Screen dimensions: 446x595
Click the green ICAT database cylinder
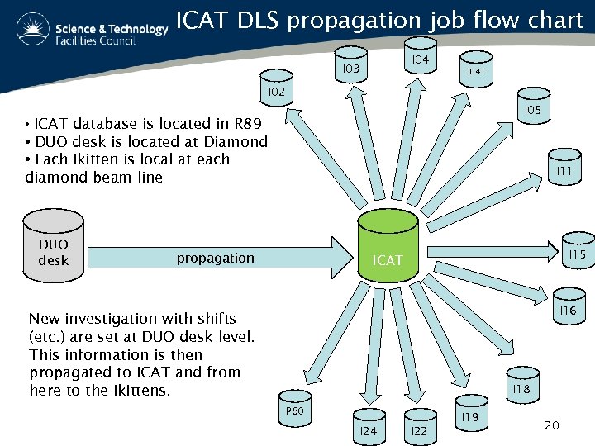click(x=388, y=248)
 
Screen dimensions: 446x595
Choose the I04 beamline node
click(x=420, y=59)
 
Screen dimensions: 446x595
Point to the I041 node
click(x=475, y=71)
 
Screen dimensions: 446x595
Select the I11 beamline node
click(x=564, y=169)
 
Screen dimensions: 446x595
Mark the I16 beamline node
click(x=568, y=310)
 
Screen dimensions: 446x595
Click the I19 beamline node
click(x=471, y=417)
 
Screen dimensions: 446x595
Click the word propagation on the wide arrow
click(x=215, y=258)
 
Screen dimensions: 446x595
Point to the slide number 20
click(x=552, y=425)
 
